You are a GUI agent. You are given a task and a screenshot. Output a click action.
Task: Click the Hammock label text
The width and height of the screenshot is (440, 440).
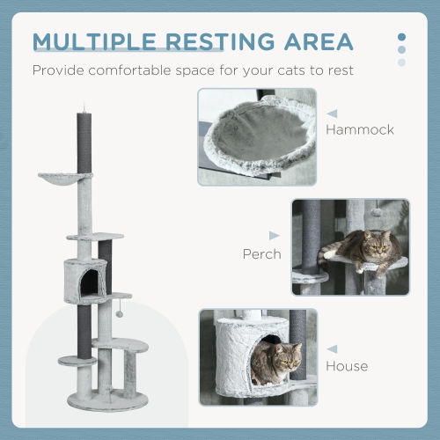point(360,129)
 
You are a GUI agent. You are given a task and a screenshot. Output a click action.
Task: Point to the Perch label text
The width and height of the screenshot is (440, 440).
point(261,254)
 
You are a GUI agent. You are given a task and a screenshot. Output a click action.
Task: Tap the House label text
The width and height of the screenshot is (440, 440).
point(347,365)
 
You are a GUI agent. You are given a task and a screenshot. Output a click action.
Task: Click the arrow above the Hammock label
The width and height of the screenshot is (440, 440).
point(333,113)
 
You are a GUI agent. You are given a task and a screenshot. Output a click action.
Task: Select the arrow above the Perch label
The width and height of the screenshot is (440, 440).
point(274,236)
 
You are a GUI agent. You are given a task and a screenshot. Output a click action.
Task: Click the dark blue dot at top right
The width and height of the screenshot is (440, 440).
point(402,38)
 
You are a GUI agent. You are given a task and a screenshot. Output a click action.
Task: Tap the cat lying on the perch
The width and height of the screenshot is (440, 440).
point(365,251)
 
